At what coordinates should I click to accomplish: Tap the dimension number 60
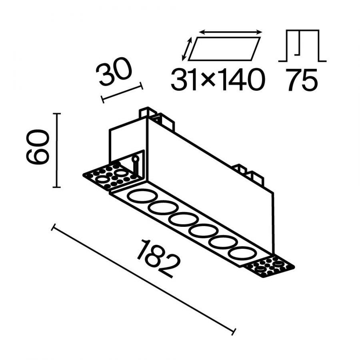(x=37, y=147)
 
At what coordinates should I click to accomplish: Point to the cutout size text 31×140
(x=218, y=79)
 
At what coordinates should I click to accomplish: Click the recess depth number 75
(x=302, y=79)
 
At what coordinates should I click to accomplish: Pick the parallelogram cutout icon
(x=224, y=49)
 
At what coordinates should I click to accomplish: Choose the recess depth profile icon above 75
(x=302, y=46)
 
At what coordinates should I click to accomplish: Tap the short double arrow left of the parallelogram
(x=187, y=49)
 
